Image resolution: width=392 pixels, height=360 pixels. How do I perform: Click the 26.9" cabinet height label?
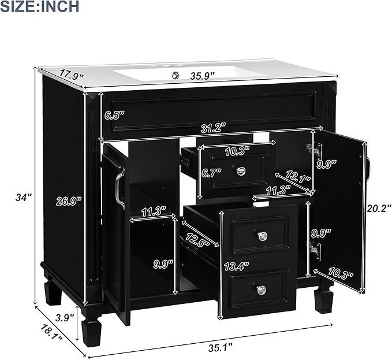[69, 201]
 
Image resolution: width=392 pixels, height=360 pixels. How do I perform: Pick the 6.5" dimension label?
[114, 115]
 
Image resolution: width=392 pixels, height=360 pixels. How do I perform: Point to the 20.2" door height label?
[378, 207]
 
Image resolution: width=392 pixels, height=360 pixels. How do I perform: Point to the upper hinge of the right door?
[315, 149]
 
